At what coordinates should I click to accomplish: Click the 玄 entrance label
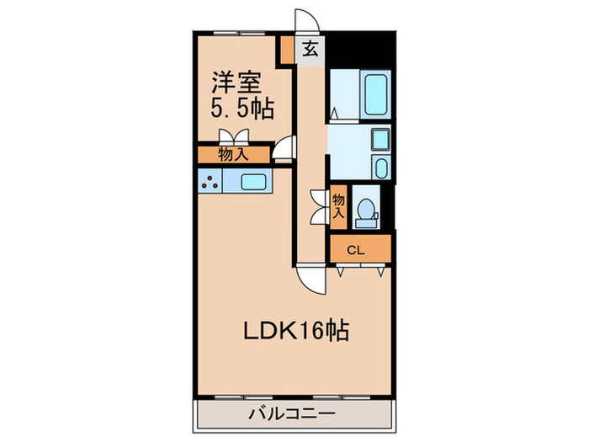310,48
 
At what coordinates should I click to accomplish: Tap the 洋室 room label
236,82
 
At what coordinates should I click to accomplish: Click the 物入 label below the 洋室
233,154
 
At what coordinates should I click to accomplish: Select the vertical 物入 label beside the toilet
338,206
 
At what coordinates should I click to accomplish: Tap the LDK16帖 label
295,328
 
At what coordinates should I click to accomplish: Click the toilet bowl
366,211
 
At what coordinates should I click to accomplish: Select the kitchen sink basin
253,181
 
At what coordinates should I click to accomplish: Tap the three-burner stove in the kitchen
210,181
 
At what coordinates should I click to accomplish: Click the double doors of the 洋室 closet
233,137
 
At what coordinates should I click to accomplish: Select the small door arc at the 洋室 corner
286,150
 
